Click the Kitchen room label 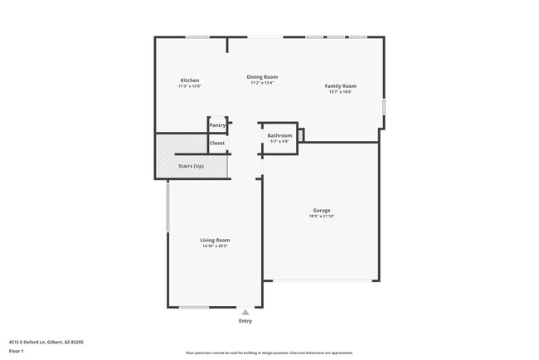[190, 80]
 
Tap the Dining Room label [262, 76]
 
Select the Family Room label [340, 86]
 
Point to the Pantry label [217, 125]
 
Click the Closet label [217, 144]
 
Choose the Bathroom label [279, 135]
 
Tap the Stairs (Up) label [191, 166]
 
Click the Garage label [322, 210]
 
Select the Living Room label [215, 240]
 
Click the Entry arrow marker [245, 312]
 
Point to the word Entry [245, 321]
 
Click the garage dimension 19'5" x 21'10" [322, 216]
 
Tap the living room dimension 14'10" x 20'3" [215, 246]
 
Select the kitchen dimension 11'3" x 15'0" [190, 86]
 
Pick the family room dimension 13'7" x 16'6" [340, 92]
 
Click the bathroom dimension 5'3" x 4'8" [279, 141]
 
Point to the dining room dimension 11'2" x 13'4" [262, 82]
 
